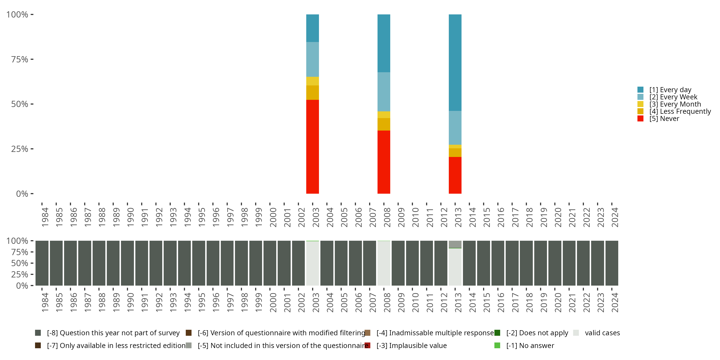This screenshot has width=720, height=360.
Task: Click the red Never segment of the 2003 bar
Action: click(312, 146)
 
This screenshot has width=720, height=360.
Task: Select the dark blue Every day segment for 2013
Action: click(455, 63)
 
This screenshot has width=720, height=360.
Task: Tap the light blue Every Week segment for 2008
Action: click(384, 92)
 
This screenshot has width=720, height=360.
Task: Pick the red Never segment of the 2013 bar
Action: click(455, 175)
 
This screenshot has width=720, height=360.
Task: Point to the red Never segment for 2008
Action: click(384, 162)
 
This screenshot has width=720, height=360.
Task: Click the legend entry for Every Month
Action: click(675, 104)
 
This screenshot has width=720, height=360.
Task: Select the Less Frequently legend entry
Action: click(680, 112)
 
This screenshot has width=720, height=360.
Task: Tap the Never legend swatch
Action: click(640, 119)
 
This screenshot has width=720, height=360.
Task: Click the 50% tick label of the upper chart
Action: click(20, 104)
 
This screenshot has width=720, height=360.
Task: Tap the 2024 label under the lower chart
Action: click(615, 302)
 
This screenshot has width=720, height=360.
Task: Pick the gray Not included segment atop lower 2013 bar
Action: click(455, 244)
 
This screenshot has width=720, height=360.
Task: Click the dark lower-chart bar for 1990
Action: click(127, 263)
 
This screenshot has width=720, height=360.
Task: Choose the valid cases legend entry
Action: click(602, 333)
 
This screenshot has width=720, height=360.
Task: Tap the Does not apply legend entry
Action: click(537, 333)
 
